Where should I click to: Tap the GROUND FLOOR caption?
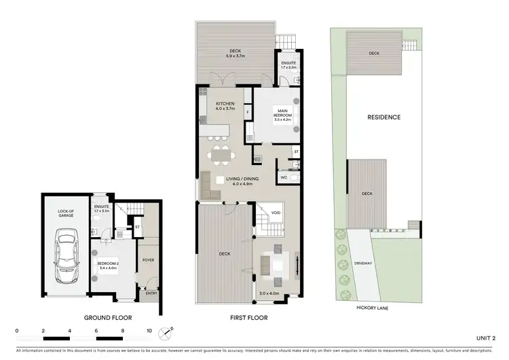pyautogui.click(x=108, y=318)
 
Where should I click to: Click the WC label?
pyautogui.click(x=284, y=178)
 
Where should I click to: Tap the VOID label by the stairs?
pyautogui.click(x=275, y=213)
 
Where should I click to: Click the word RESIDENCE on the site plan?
pyautogui.click(x=384, y=117)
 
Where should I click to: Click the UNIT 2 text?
pyautogui.click(x=485, y=338)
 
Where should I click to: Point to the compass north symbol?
pyautogui.click(x=166, y=333)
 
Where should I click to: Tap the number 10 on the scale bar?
pyautogui.click(x=149, y=331)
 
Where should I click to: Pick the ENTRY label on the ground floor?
pyautogui.click(x=150, y=293)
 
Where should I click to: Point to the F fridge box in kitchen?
pyautogui.click(x=248, y=111)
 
